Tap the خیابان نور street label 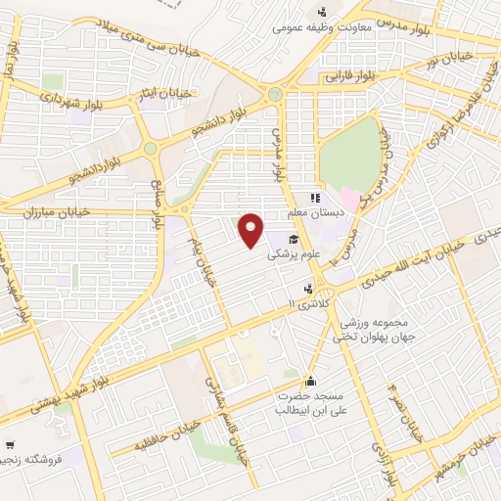pyautogui.click(x=472, y=61)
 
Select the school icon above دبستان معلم pyautogui.click(x=316, y=197)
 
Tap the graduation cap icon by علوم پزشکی pyautogui.click(x=294, y=239)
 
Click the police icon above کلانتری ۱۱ pyautogui.click(x=310, y=289)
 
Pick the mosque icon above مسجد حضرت pyautogui.click(x=310, y=382)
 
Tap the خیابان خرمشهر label pyautogui.click(x=474, y=454)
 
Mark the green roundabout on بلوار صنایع pyautogui.click(x=151, y=149)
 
